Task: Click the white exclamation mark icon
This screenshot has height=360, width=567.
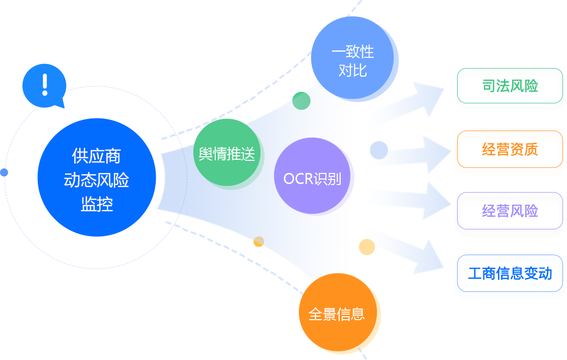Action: [45, 85]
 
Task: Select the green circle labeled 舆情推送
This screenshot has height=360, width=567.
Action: [227, 153]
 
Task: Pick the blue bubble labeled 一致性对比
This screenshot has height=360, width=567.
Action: [353, 61]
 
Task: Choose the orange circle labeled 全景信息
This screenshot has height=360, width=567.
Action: [336, 314]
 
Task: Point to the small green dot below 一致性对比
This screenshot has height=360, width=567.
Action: [301, 101]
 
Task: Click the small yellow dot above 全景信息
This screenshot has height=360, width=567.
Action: [367, 247]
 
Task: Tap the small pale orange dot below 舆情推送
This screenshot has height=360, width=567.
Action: [259, 242]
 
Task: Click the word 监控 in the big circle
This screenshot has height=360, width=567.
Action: [97, 204]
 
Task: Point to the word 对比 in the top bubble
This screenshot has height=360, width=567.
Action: [353, 70]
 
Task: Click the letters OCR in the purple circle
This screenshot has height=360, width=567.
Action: [298, 178]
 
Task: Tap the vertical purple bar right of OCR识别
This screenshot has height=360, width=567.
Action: [353, 177]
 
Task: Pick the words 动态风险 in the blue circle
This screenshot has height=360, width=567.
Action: [97, 180]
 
